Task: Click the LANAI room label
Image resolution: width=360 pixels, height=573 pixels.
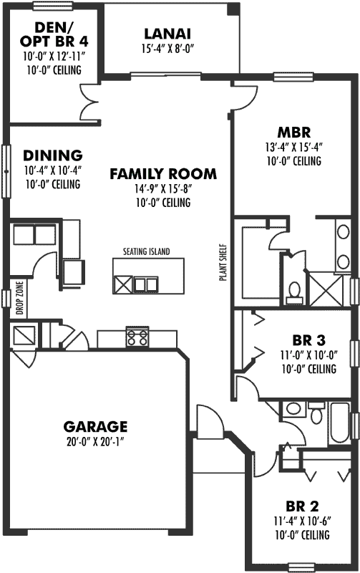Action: [x=167, y=34]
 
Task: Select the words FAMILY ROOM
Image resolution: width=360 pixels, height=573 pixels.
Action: [x=162, y=173]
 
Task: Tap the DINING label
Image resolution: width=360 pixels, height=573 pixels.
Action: [x=52, y=155]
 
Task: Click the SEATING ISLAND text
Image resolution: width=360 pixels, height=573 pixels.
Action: [x=146, y=251]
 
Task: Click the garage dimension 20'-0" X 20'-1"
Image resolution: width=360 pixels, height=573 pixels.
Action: [x=94, y=441]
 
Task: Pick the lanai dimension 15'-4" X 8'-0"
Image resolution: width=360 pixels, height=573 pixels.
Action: [x=167, y=49]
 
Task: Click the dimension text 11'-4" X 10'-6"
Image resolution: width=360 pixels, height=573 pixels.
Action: [x=301, y=521]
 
